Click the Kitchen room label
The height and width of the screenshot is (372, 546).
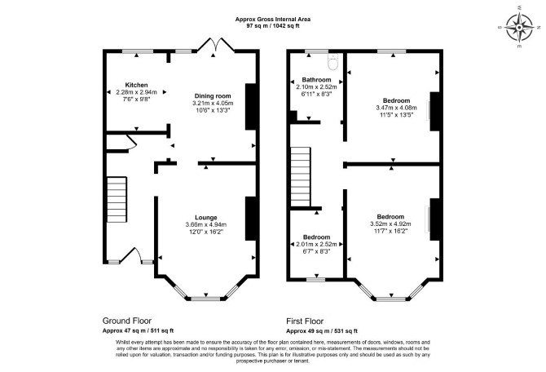(x=137, y=85)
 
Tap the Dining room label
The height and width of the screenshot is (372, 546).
(x=213, y=96)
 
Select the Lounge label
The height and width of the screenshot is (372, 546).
(x=206, y=218)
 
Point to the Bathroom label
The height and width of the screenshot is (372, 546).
(x=316, y=80)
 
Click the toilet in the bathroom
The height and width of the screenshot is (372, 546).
(x=333, y=62)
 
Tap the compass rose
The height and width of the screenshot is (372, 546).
(x=519, y=27)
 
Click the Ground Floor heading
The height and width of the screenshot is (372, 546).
(x=127, y=321)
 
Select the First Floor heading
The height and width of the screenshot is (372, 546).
(x=305, y=321)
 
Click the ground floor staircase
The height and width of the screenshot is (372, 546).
(x=117, y=199)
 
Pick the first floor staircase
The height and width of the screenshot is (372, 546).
(x=301, y=177)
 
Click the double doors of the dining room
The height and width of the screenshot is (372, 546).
(x=216, y=45)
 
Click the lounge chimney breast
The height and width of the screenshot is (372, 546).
(x=251, y=219)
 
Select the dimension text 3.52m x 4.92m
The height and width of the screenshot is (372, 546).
(x=390, y=224)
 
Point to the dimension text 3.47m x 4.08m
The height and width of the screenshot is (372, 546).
(x=396, y=108)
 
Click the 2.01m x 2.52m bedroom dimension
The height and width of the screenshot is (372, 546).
(x=316, y=244)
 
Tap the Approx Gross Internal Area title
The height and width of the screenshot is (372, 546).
(x=273, y=20)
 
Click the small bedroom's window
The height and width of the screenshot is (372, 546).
(x=316, y=279)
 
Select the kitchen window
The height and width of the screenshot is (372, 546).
(x=138, y=51)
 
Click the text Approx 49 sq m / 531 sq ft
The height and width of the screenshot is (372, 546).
(x=322, y=331)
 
